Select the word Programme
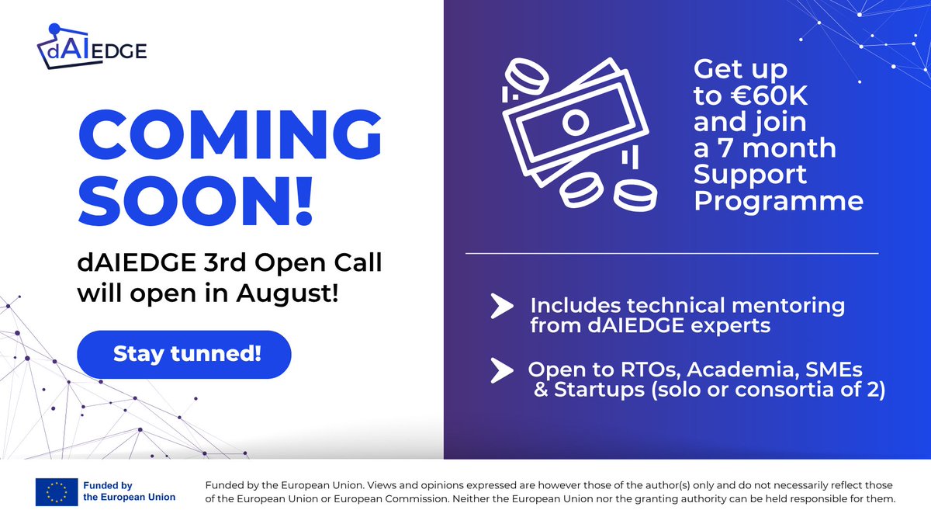tap(778, 201)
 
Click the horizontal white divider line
tap(671, 253)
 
